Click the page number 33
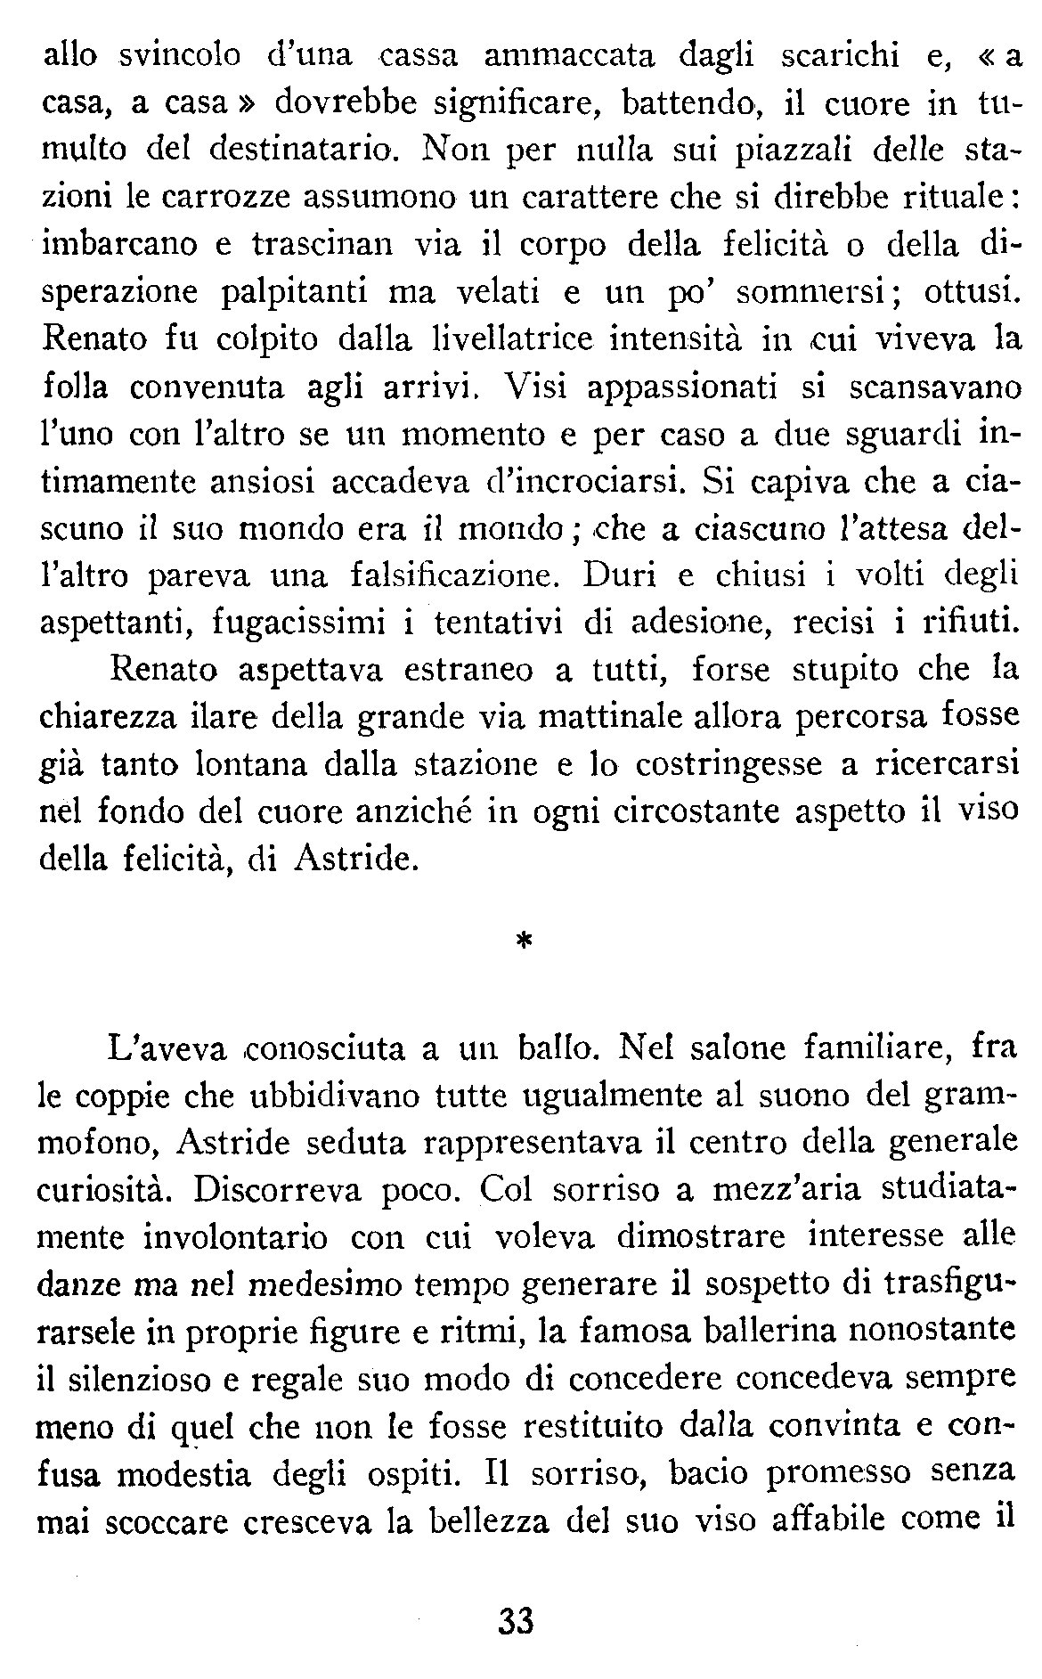coord(516,1620)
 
